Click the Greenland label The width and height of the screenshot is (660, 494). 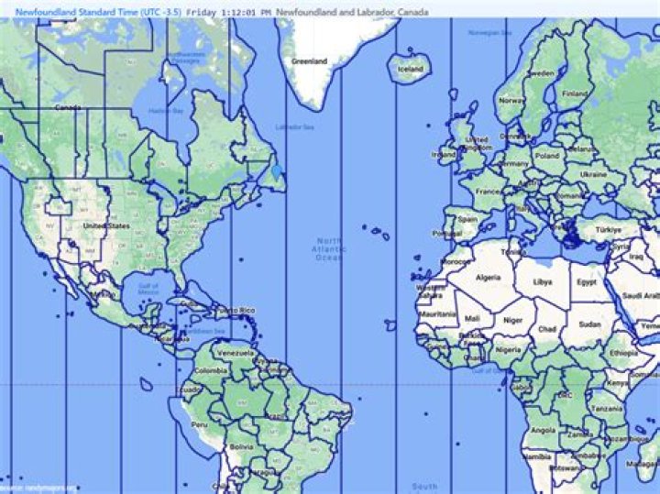click(x=309, y=61)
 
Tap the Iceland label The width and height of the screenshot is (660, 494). click(x=411, y=69)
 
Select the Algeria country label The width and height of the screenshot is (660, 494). click(x=488, y=277)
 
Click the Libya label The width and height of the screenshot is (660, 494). click(x=543, y=281)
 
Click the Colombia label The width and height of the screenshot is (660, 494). click(x=210, y=370)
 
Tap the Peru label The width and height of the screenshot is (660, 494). click(x=199, y=425)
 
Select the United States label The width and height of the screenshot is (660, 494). click(x=105, y=225)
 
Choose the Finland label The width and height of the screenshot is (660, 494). click(x=574, y=93)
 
